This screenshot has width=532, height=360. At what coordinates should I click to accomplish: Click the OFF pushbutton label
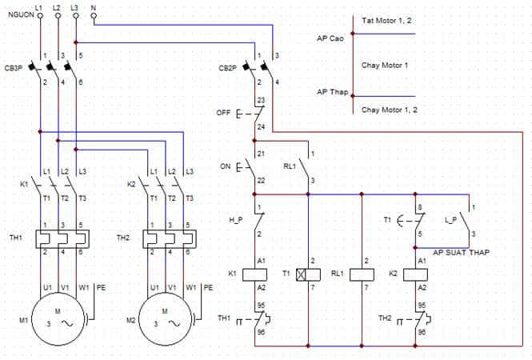(223, 114)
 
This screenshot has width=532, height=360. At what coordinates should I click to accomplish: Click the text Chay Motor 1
(385, 65)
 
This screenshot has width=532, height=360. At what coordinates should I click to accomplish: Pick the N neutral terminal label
(94, 6)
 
